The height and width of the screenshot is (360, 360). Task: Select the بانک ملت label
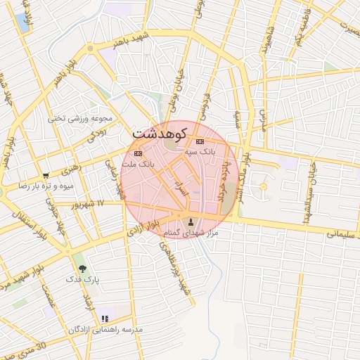138,163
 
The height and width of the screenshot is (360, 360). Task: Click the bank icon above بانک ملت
138,153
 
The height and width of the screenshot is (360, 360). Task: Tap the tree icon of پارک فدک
83,269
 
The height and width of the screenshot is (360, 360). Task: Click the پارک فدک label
83,279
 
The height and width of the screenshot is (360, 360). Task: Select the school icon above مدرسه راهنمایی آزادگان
105,319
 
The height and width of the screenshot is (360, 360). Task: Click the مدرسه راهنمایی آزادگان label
105,329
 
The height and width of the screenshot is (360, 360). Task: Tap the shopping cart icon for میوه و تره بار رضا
46,176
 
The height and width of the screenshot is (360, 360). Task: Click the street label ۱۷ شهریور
90,203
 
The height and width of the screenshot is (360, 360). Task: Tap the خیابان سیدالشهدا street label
307,200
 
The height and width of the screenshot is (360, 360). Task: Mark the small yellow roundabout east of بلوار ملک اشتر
264,186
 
